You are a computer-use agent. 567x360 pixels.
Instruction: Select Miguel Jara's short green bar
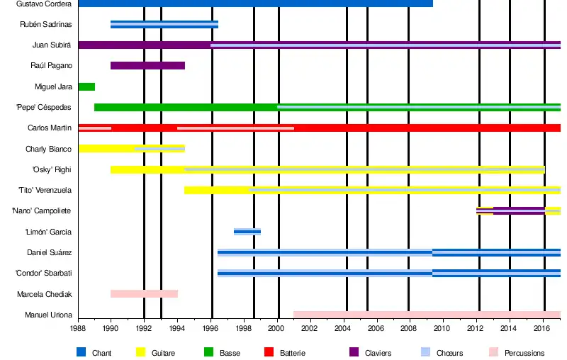pyautogui.click(x=86, y=86)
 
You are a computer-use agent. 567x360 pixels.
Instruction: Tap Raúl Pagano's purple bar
pyautogui.click(x=147, y=66)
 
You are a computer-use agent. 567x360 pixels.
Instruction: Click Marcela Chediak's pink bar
pyautogui.click(x=144, y=293)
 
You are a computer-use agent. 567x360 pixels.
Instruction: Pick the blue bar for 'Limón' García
pyautogui.click(x=247, y=232)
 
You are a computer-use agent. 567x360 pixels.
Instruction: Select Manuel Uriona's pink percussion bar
pyautogui.click(x=427, y=315)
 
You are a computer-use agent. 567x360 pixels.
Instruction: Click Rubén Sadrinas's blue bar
pyautogui.click(x=164, y=25)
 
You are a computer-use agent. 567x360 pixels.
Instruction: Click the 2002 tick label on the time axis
pyautogui.click(x=310, y=329)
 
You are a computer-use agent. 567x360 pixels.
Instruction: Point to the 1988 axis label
pyautogui.click(x=79, y=329)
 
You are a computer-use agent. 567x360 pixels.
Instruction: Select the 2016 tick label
pyautogui.click(x=542, y=329)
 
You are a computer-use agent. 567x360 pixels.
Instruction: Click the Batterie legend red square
pyautogui.click(x=268, y=352)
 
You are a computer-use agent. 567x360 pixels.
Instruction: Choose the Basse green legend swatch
pyautogui.click(x=208, y=352)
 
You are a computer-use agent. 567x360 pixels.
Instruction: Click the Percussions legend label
pyautogui.click(x=524, y=353)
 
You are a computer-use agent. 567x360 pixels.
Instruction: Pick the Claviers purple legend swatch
pyautogui.click(x=354, y=352)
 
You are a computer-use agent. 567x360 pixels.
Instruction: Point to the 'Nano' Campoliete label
pyautogui.click(x=41, y=211)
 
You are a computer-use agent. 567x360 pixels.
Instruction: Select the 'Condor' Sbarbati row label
pyautogui.click(x=43, y=274)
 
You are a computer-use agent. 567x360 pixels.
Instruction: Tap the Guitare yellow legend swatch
pyautogui.click(x=140, y=352)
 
